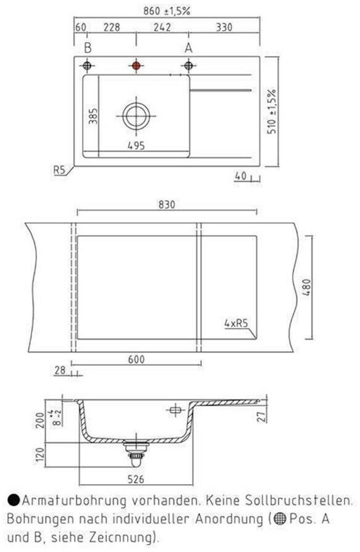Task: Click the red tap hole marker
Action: pyautogui.click(x=136, y=65)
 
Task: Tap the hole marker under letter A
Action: pyautogui.click(x=189, y=65)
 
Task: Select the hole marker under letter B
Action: pyautogui.click(x=87, y=65)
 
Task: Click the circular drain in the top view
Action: pyautogui.click(x=136, y=116)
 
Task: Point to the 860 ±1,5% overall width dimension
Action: pyautogui.click(x=166, y=11)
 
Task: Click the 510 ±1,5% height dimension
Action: pyautogui.click(x=272, y=112)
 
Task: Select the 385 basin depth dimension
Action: pyautogui.click(x=93, y=116)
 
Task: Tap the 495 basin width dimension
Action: pyautogui.click(x=136, y=145)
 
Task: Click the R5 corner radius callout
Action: pyautogui.click(x=60, y=170)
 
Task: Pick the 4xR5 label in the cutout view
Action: pyautogui.click(x=236, y=323)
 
